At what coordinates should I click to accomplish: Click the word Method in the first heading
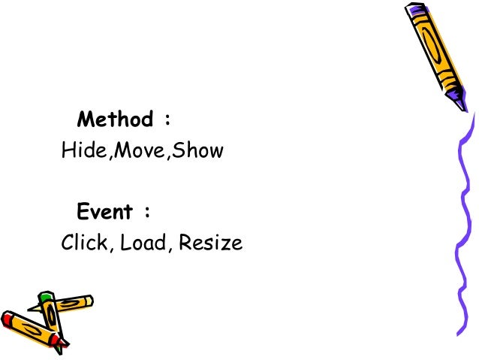(114, 119)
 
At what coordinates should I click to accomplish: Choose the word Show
(200, 151)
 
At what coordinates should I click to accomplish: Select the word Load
(144, 244)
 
